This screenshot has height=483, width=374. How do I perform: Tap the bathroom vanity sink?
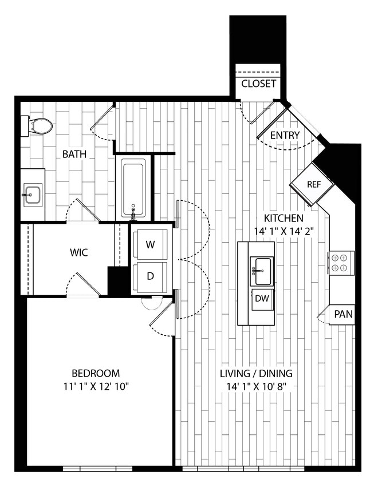tap(33, 195)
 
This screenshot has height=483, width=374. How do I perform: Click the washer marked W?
tap(150, 245)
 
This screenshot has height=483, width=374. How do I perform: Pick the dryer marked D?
tap(150, 276)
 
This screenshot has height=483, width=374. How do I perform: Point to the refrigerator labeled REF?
tap(313, 185)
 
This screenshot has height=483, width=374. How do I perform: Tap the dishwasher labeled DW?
tap(262, 298)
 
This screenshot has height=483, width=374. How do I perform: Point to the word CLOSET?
tap(259, 84)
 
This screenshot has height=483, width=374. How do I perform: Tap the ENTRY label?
tap(285, 135)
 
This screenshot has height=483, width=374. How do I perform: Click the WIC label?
tap(78, 252)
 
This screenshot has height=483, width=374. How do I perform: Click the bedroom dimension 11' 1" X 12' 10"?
tap(96, 386)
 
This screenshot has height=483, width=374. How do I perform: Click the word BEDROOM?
tap(96, 373)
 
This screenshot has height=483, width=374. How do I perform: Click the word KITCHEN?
tap(283, 218)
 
